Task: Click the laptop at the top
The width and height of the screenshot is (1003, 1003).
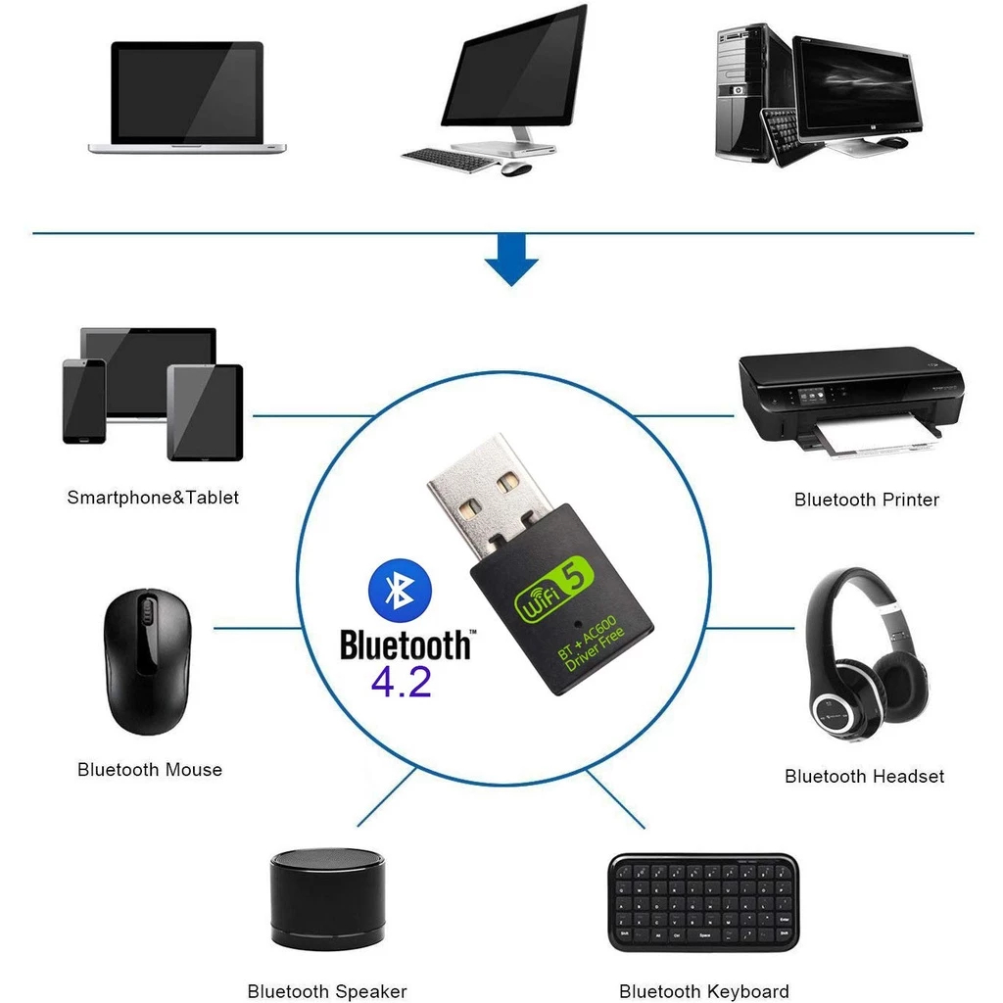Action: (x=187, y=98)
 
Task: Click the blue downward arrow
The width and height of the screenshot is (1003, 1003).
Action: (x=511, y=263)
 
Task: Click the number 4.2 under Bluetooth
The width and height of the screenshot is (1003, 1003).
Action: (x=401, y=682)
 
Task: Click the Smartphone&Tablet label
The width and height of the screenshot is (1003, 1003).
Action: (x=153, y=498)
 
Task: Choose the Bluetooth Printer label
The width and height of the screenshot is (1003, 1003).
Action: (x=866, y=500)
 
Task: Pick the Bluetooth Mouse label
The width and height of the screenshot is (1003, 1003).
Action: (x=150, y=770)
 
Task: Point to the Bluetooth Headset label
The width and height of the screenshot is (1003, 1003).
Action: (x=864, y=777)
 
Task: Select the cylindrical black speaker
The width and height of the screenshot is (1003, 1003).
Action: (x=327, y=897)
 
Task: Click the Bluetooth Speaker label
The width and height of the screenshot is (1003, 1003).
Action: (x=327, y=992)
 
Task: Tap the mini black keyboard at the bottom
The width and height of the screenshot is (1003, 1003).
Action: (x=703, y=901)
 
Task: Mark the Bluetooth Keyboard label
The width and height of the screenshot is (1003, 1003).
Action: (x=703, y=992)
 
